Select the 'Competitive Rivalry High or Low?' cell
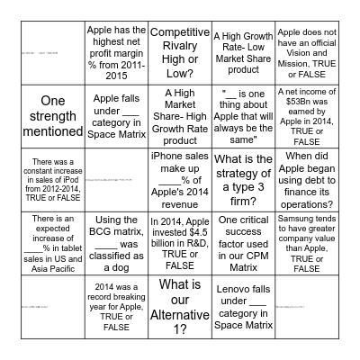pos(179,52)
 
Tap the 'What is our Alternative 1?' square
pos(179,306)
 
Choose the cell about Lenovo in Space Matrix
pos(241,306)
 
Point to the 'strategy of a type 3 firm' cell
pos(241,179)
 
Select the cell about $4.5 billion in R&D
pos(179,243)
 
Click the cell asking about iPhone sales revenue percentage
pos(179,179)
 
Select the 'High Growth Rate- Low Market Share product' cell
pos(241,52)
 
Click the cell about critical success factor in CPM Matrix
pos(241,243)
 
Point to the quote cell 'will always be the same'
pos(241,115)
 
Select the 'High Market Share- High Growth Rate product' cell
pos(179,115)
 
